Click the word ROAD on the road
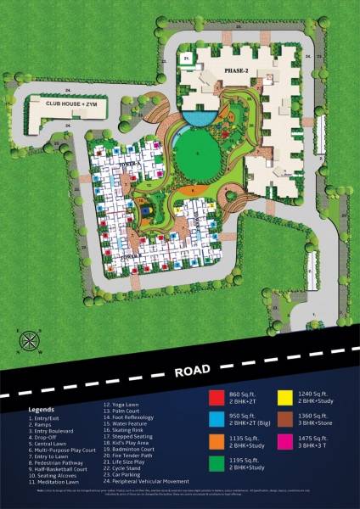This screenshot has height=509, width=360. point(195,371)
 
